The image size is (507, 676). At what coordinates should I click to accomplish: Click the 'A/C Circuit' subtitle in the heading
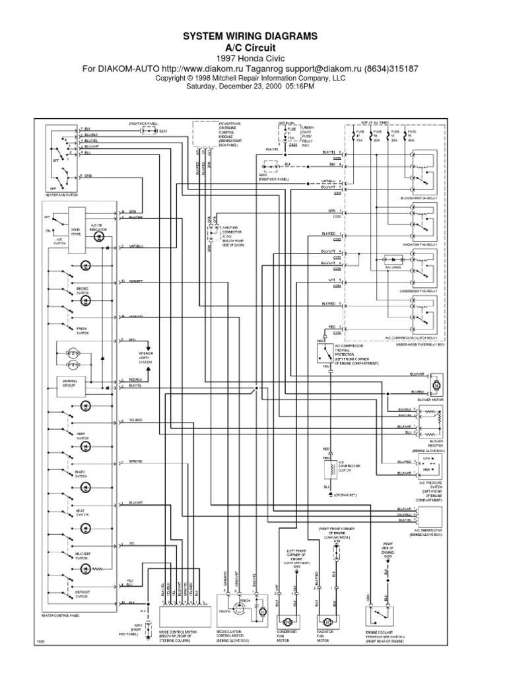coord(253,48)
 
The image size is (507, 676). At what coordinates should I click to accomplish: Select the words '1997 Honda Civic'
coord(253,59)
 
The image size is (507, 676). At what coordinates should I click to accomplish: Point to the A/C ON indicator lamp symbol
coord(99,236)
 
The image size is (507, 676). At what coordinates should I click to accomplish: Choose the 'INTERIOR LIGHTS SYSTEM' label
coord(146,358)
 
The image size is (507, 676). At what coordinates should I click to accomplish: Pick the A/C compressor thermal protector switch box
coord(326,355)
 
